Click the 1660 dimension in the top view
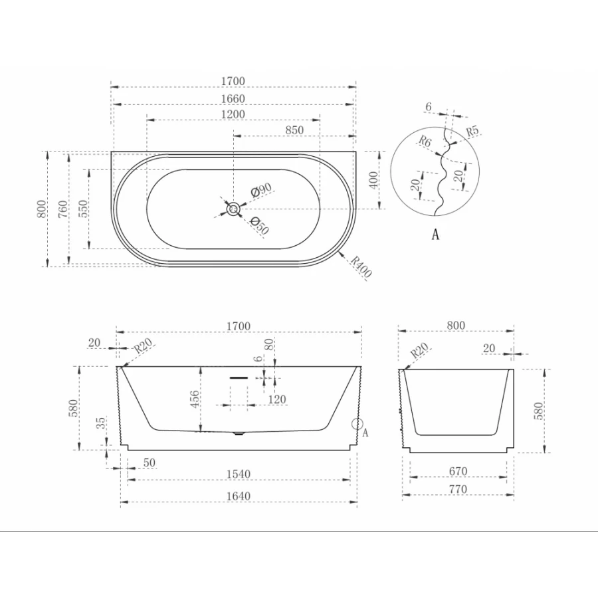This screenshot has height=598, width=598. (x=233, y=98)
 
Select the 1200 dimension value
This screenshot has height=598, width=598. (x=233, y=114)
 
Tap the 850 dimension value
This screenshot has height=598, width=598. (x=294, y=130)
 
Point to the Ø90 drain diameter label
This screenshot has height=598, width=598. (x=261, y=189)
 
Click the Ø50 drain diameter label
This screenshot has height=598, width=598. (x=259, y=225)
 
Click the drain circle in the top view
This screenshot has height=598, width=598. (x=233, y=209)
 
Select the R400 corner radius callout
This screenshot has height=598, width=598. (x=361, y=266)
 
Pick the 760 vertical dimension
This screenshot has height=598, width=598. (x=63, y=209)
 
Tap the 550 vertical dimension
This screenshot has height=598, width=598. (x=83, y=209)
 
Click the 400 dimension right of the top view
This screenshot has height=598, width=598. (x=373, y=180)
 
